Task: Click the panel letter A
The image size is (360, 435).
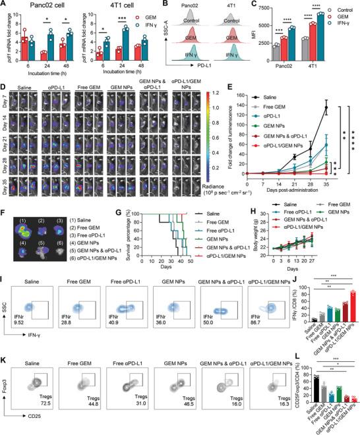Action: [5, 5]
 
